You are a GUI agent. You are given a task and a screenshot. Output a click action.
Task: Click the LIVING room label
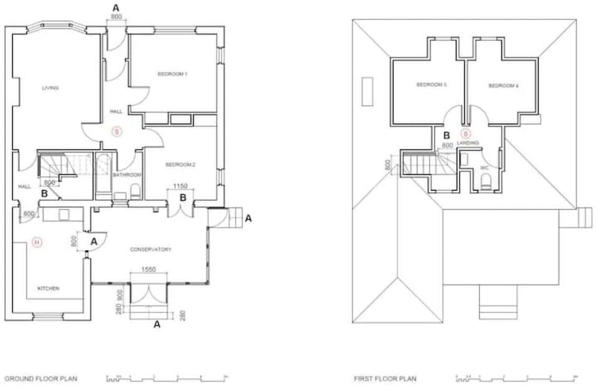coord(50,88)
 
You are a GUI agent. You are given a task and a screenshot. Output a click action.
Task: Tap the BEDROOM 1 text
coord(172,74)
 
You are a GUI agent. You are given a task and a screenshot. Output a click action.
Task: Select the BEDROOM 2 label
coord(180,164)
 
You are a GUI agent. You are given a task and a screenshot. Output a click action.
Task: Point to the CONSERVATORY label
coord(150,250)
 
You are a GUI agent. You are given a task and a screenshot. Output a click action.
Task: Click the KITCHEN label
coord(48,289)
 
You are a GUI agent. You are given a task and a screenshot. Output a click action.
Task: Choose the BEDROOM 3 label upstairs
coord(432,85)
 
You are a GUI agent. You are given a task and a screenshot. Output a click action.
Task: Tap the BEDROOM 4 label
coord(503,85)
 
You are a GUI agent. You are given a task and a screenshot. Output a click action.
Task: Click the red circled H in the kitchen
coord(37,243)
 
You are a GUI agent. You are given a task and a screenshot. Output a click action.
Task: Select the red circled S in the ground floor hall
coord(116,131)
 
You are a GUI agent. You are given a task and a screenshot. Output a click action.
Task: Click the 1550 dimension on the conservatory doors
coord(147,269)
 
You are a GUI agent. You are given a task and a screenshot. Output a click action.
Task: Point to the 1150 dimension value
coord(180,185)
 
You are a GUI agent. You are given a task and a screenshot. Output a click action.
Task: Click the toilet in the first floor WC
coord(486,182)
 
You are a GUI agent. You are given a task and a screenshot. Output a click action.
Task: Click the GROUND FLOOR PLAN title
coord(41,378)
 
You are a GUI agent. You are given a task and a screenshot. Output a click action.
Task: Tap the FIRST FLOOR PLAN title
coord(385,378)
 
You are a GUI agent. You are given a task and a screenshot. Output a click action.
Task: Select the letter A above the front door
coord(115,7)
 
